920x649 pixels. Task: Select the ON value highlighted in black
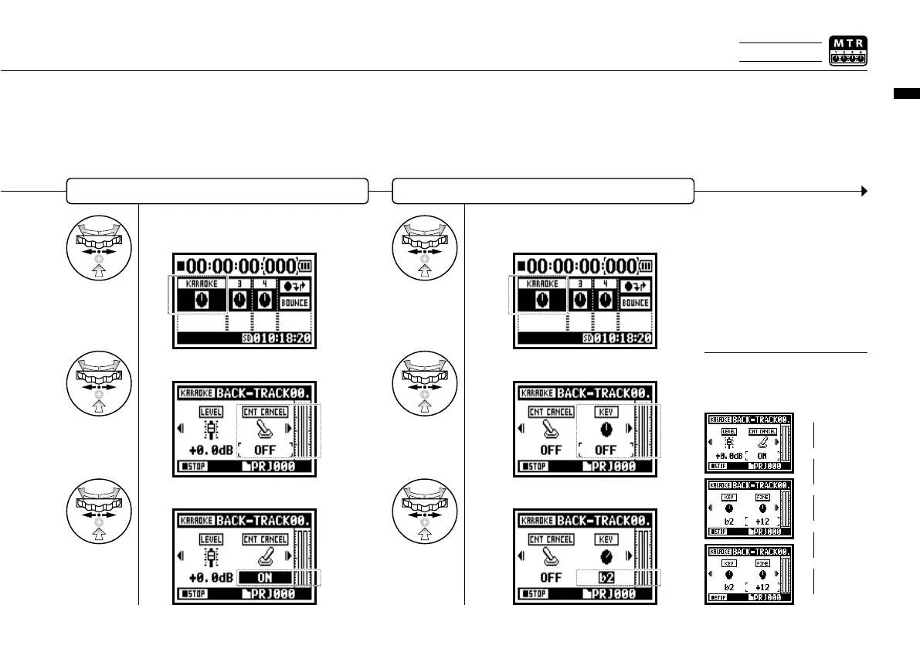click(x=265, y=577)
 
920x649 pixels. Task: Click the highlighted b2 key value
click(x=606, y=577)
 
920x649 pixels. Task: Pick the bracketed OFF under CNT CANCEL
click(x=265, y=449)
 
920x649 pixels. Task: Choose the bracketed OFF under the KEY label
click(x=606, y=449)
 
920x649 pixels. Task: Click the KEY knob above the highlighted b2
click(x=606, y=556)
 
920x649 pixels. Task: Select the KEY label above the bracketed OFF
click(x=606, y=412)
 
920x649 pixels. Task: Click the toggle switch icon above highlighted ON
click(x=265, y=556)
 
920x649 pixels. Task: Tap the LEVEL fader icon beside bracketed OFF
click(x=210, y=430)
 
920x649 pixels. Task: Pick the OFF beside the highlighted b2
click(x=550, y=577)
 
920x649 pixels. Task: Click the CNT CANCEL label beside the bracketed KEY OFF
click(x=551, y=412)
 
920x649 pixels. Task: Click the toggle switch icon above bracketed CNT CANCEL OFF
click(x=265, y=429)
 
